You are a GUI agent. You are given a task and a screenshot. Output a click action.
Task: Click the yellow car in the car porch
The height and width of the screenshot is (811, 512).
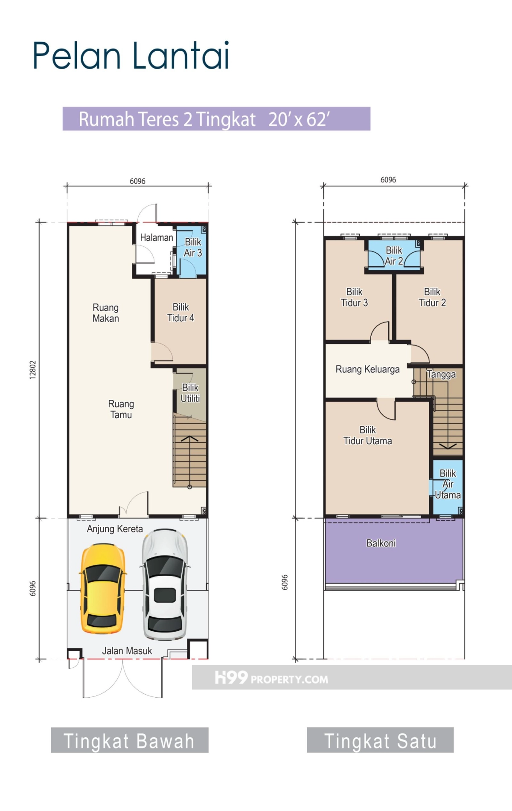(x=103, y=588)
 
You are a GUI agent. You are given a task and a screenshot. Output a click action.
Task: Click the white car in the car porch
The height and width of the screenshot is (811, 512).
(x=165, y=585)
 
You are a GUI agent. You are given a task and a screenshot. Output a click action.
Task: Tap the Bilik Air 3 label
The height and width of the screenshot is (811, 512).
(x=193, y=247)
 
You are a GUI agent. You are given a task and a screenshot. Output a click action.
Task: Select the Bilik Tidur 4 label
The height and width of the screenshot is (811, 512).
(x=180, y=312)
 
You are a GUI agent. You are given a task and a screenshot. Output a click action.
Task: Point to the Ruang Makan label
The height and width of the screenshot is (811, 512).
(x=106, y=313)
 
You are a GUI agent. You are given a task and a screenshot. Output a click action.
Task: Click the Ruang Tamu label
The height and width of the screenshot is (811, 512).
(x=121, y=409)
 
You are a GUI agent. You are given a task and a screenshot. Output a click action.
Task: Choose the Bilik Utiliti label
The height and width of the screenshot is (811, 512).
(x=190, y=393)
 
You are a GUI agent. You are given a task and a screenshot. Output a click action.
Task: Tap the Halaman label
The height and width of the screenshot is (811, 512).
(x=157, y=237)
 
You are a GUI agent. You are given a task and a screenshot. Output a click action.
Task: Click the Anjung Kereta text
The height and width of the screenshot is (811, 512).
(x=115, y=529)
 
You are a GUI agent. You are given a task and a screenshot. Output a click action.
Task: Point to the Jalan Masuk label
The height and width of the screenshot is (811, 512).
(x=127, y=651)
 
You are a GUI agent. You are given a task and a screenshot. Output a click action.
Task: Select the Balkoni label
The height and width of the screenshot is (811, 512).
(x=381, y=543)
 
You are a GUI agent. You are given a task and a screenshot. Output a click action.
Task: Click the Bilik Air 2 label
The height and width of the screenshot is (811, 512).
(x=394, y=256)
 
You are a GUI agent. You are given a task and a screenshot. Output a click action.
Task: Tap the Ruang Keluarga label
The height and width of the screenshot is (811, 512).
(x=368, y=369)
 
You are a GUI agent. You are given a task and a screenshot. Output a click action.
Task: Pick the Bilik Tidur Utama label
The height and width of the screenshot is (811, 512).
(x=368, y=435)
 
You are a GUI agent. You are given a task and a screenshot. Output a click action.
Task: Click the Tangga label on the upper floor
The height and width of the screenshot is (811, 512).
(x=441, y=375)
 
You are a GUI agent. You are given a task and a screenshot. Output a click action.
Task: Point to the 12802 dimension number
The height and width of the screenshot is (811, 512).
(x=33, y=370)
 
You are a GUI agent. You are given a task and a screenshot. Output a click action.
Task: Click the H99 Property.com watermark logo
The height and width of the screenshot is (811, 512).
(x=271, y=678)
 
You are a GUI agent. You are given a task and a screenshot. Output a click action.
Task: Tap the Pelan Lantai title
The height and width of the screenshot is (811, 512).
(x=131, y=55)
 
